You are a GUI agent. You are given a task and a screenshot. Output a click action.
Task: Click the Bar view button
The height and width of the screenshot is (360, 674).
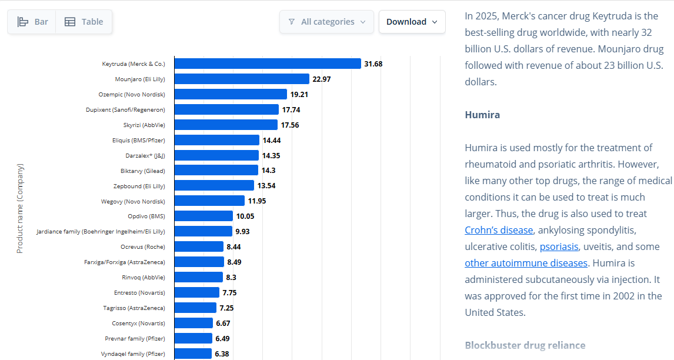click(x=32, y=22)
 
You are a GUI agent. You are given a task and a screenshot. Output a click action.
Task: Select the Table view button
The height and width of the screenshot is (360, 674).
click(x=84, y=22)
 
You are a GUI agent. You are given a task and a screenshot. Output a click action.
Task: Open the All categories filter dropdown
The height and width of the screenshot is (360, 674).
click(x=326, y=22)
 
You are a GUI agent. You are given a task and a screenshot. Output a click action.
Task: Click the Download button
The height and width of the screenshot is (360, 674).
click(x=412, y=22)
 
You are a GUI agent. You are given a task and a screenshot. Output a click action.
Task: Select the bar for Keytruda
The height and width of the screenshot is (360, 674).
click(x=268, y=64)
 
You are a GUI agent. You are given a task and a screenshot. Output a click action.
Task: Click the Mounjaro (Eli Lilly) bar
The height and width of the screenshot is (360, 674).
click(x=242, y=79)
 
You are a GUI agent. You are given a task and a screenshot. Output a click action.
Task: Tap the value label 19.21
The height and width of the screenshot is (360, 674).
click(x=299, y=95)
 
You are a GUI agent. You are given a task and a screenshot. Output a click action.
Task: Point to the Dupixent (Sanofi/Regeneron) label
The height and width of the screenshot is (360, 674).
click(x=125, y=109)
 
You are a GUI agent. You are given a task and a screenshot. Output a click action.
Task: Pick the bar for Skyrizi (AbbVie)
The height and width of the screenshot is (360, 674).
click(x=226, y=125)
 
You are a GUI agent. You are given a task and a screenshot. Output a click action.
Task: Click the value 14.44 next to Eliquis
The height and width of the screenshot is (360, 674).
click(x=272, y=140)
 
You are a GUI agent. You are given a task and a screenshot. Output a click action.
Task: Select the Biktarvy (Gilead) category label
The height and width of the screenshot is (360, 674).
click(x=143, y=171)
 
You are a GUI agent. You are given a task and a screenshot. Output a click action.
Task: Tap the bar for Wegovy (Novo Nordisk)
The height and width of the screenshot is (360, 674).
click(x=210, y=201)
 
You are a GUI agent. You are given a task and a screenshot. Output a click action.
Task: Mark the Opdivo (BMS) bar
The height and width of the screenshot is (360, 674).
click(x=203, y=216)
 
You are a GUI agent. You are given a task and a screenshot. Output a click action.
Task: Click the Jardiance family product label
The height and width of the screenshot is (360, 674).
click(x=101, y=231)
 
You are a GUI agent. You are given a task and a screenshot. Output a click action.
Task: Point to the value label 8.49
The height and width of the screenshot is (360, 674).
click(x=234, y=262)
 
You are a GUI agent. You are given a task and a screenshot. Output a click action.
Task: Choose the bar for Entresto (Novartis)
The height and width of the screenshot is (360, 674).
click(x=197, y=292)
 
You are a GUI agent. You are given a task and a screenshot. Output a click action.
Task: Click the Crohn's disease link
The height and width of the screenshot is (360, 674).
click(x=499, y=230)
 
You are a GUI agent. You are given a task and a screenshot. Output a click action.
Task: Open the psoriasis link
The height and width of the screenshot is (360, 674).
click(x=559, y=246)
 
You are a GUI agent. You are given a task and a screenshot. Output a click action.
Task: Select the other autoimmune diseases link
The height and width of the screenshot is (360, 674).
click(x=526, y=263)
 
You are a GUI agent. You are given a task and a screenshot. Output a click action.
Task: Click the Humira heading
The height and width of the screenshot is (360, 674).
click(x=482, y=115)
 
